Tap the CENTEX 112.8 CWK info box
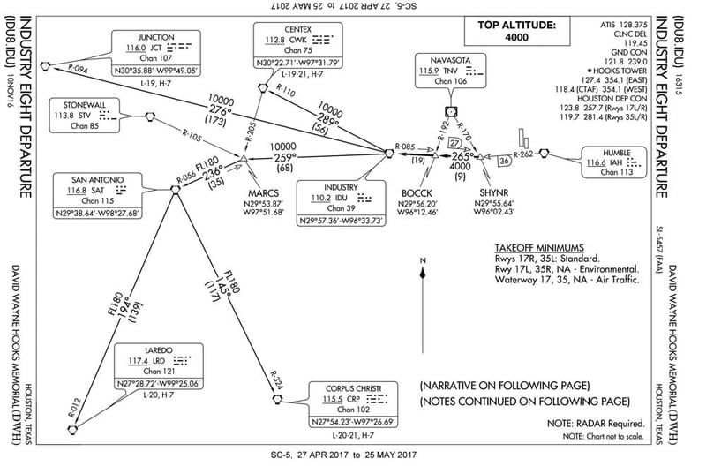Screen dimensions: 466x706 click(x=298, y=51)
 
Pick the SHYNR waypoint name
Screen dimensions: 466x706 click(x=493, y=192)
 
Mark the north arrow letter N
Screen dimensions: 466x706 click(x=424, y=259)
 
